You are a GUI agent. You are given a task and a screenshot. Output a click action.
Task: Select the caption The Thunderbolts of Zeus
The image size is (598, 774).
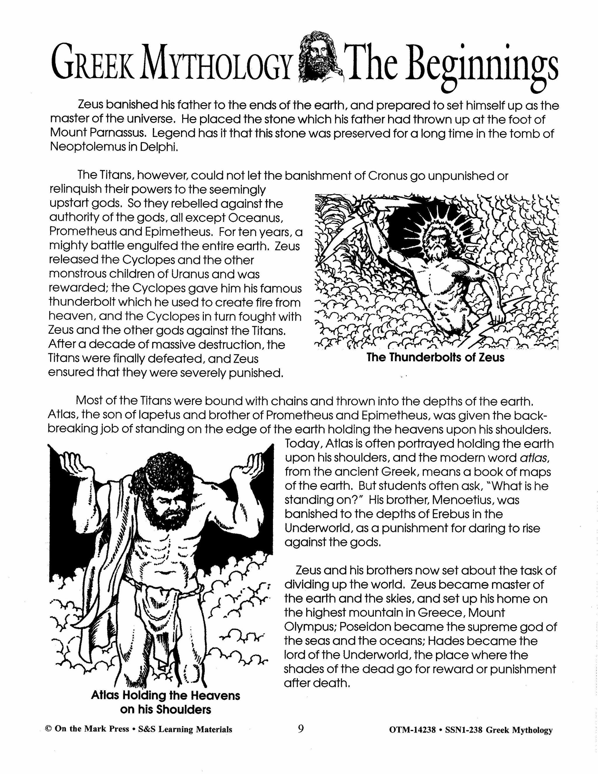coord(435,357)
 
